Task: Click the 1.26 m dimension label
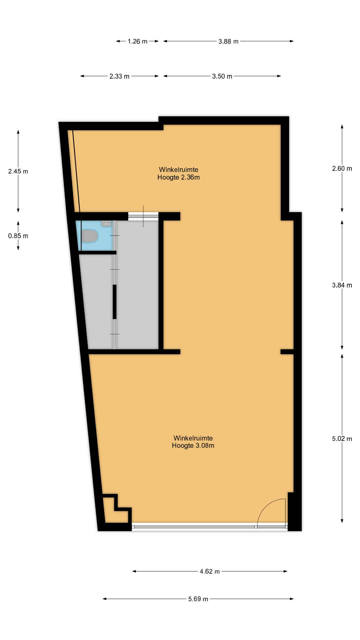tap(137, 41)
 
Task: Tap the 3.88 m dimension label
tap(228, 41)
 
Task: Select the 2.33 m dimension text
tap(119, 76)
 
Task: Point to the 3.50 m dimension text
tap(222, 76)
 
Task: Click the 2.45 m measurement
tap(18, 171)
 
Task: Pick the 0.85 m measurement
tap(18, 236)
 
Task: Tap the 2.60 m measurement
tap(342, 169)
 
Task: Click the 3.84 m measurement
tap(342, 285)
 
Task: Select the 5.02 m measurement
tap(342, 439)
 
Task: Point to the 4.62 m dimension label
tap(210, 571)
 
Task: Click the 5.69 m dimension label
tap(198, 599)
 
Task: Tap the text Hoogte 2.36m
tap(179, 177)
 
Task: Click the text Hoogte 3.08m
tap(193, 446)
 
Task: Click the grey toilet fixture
tap(90, 236)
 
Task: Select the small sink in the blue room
tap(106, 224)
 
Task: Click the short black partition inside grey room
tap(115, 302)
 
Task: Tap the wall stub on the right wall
tap(287, 352)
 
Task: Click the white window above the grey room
tap(143, 216)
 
